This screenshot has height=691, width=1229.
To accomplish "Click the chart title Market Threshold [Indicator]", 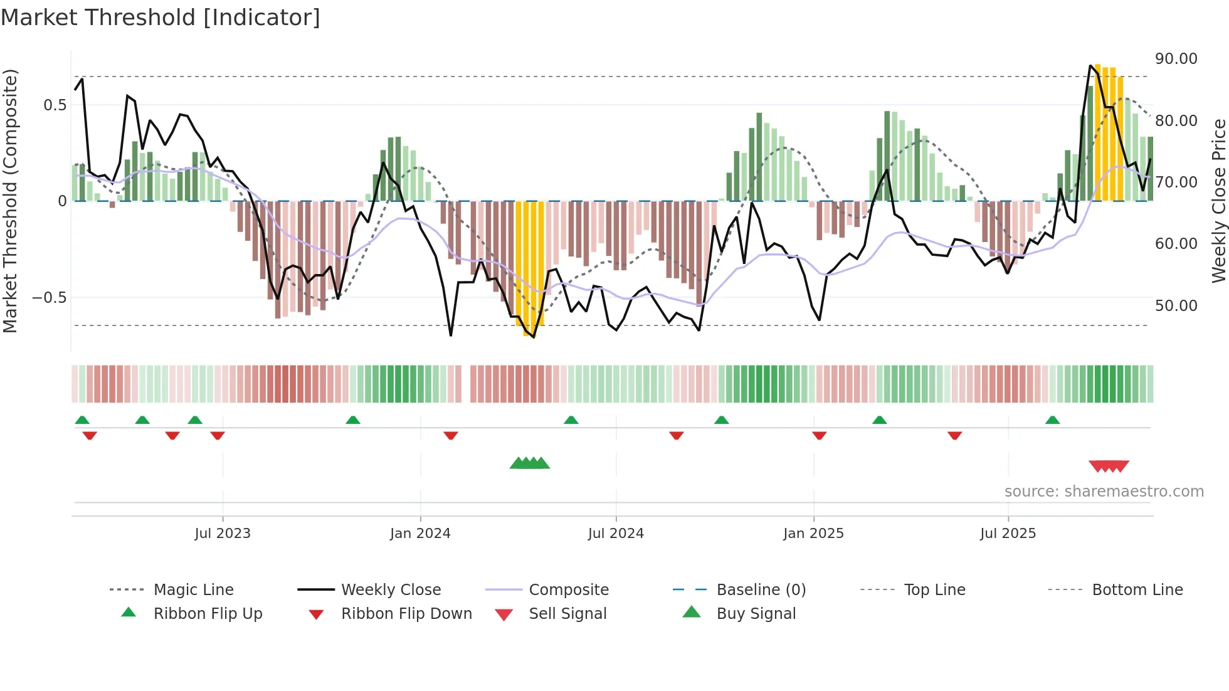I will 161,18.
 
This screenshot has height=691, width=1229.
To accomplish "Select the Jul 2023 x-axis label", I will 222,534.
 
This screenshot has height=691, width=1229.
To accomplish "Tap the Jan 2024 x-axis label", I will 420,534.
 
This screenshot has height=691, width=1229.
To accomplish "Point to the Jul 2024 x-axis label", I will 616,534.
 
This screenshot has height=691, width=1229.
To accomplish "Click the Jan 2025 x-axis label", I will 813,534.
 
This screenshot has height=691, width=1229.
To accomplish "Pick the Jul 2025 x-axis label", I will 1008,534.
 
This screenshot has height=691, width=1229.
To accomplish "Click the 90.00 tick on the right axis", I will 1176,59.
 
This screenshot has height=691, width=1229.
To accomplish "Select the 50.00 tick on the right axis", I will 1176,306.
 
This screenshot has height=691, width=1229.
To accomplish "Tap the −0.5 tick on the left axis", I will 50,298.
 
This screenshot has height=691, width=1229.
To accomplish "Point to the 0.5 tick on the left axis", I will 55,105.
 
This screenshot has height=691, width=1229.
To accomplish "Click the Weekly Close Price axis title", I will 1218,201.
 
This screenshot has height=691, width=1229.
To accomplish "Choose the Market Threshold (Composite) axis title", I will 10,201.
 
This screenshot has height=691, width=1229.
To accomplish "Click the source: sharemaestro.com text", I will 1104,492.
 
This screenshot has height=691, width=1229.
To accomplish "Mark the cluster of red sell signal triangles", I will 1109,466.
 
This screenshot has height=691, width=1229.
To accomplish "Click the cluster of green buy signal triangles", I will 530,463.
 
